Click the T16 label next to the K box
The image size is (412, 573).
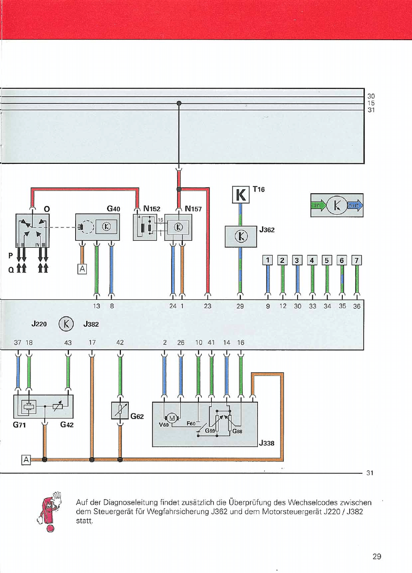click(258, 189)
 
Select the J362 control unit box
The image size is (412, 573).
click(240, 236)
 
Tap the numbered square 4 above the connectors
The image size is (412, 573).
click(312, 260)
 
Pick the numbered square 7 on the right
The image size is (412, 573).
click(356, 260)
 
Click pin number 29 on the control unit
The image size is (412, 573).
click(240, 305)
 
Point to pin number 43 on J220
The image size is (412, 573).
click(68, 342)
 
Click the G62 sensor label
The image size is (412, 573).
click(137, 416)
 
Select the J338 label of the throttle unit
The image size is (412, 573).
click(267, 443)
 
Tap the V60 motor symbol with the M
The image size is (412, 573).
click(173, 419)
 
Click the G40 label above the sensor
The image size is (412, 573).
click(113, 209)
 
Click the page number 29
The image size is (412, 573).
click(376, 556)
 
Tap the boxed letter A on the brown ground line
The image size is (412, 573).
click(26, 460)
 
